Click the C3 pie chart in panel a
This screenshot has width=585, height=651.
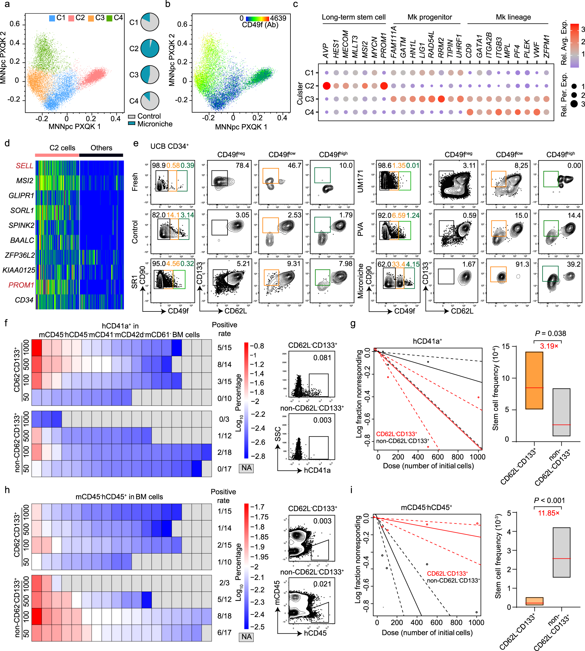pos(150,75)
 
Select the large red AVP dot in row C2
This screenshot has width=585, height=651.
pos(326,86)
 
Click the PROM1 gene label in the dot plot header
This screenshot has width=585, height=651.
pos(383,45)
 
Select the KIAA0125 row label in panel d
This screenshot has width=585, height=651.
pos(19,270)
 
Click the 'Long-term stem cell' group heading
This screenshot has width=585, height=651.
pos(354,17)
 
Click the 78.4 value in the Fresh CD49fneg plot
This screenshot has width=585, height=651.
pos(242,165)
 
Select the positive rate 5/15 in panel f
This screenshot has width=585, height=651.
pos(224,347)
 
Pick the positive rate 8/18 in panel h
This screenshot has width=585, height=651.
pos(224,616)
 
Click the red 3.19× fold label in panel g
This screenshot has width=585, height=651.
pos(549,346)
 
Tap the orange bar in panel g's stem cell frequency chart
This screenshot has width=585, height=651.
pos(534,380)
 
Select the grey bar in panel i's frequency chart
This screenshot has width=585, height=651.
pos(561,552)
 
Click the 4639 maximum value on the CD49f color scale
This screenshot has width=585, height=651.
pos(278,18)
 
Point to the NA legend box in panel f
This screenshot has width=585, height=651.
pos(246,468)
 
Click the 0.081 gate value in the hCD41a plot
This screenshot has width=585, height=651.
pos(322,358)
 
